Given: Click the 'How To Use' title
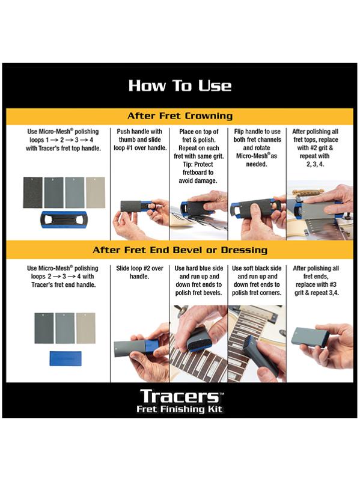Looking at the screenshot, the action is pos(180,85).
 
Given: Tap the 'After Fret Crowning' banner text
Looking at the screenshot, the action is pos(180,116).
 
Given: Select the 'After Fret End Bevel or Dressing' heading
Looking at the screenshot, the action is pos(180,250).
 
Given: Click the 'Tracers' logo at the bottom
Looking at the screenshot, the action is pos(182,396).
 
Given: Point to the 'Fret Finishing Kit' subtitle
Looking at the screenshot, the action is pos(179,409).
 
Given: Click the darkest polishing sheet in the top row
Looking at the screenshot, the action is pos(33,192).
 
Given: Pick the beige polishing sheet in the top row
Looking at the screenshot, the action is pos(96,192).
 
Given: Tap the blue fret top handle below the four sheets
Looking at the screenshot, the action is pos(64,219).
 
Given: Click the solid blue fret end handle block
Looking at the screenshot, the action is pos(66,358).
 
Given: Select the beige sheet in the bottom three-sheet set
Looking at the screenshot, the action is pos(86,328).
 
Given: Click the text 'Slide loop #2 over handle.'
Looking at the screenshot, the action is pos(139,272).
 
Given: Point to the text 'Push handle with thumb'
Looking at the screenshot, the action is pos(139,135).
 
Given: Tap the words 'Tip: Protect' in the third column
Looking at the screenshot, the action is pos(198,164).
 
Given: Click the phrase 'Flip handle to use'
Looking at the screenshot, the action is pos(257,131).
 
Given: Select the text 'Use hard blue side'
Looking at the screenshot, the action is pos(199,268).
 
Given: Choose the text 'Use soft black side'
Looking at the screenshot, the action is pos(257,268).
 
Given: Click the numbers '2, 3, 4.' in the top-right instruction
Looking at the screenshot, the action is pos(316,164).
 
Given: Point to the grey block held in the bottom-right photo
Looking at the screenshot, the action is pos(309,337).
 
